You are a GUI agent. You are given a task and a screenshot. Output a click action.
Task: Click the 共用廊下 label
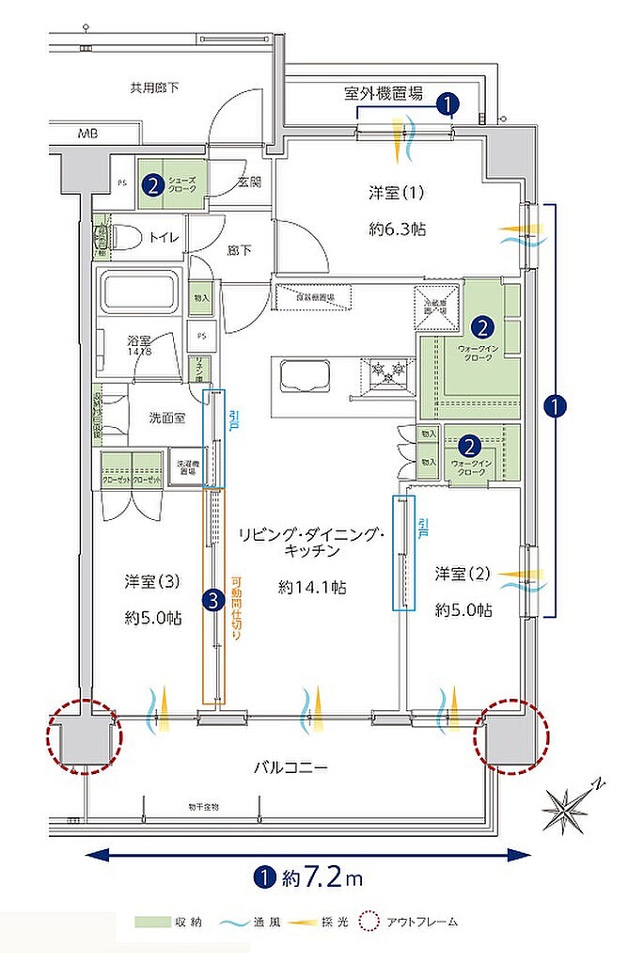[x=155, y=87]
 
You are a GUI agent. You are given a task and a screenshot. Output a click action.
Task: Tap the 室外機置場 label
[x=383, y=93]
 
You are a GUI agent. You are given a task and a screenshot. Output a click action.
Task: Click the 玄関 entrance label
[x=248, y=182]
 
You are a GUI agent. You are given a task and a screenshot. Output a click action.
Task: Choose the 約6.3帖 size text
[x=395, y=227]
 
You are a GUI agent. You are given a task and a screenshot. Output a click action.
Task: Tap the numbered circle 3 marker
[x=213, y=597]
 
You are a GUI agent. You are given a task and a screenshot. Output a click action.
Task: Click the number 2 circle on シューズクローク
[x=151, y=184]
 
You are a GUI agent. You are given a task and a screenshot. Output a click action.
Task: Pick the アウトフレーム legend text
[x=421, y=923]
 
